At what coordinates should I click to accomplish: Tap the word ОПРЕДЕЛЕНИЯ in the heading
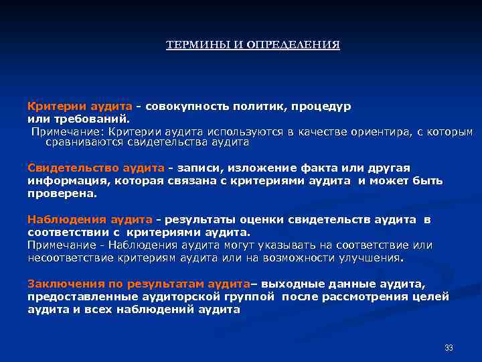click(294, 45)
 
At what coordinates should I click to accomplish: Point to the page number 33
click(449, 347)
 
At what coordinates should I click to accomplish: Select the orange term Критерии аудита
click(80, 107)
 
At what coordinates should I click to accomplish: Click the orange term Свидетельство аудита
click(96, 168)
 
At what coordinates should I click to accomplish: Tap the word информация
click(68, 180)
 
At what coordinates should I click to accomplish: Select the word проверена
click(62, 193)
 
